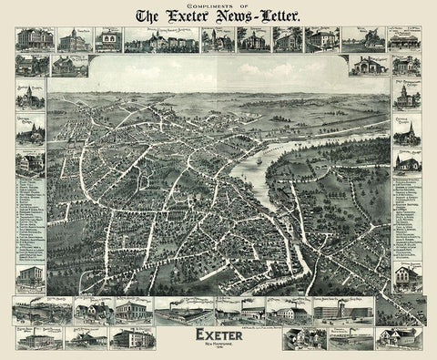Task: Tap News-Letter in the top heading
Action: click(258, 15)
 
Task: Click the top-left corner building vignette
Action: click(31, 39)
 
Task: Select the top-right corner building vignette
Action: click(404, 39)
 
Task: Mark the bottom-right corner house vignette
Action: click(401, 337)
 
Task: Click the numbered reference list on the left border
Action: click(31, 219)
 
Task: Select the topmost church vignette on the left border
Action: click(31, 97)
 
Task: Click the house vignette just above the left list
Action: click(31, 162)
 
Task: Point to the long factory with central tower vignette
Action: click(342, 310)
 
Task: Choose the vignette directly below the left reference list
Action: click(31, 277)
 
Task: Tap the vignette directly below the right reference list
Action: click(406, 273)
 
